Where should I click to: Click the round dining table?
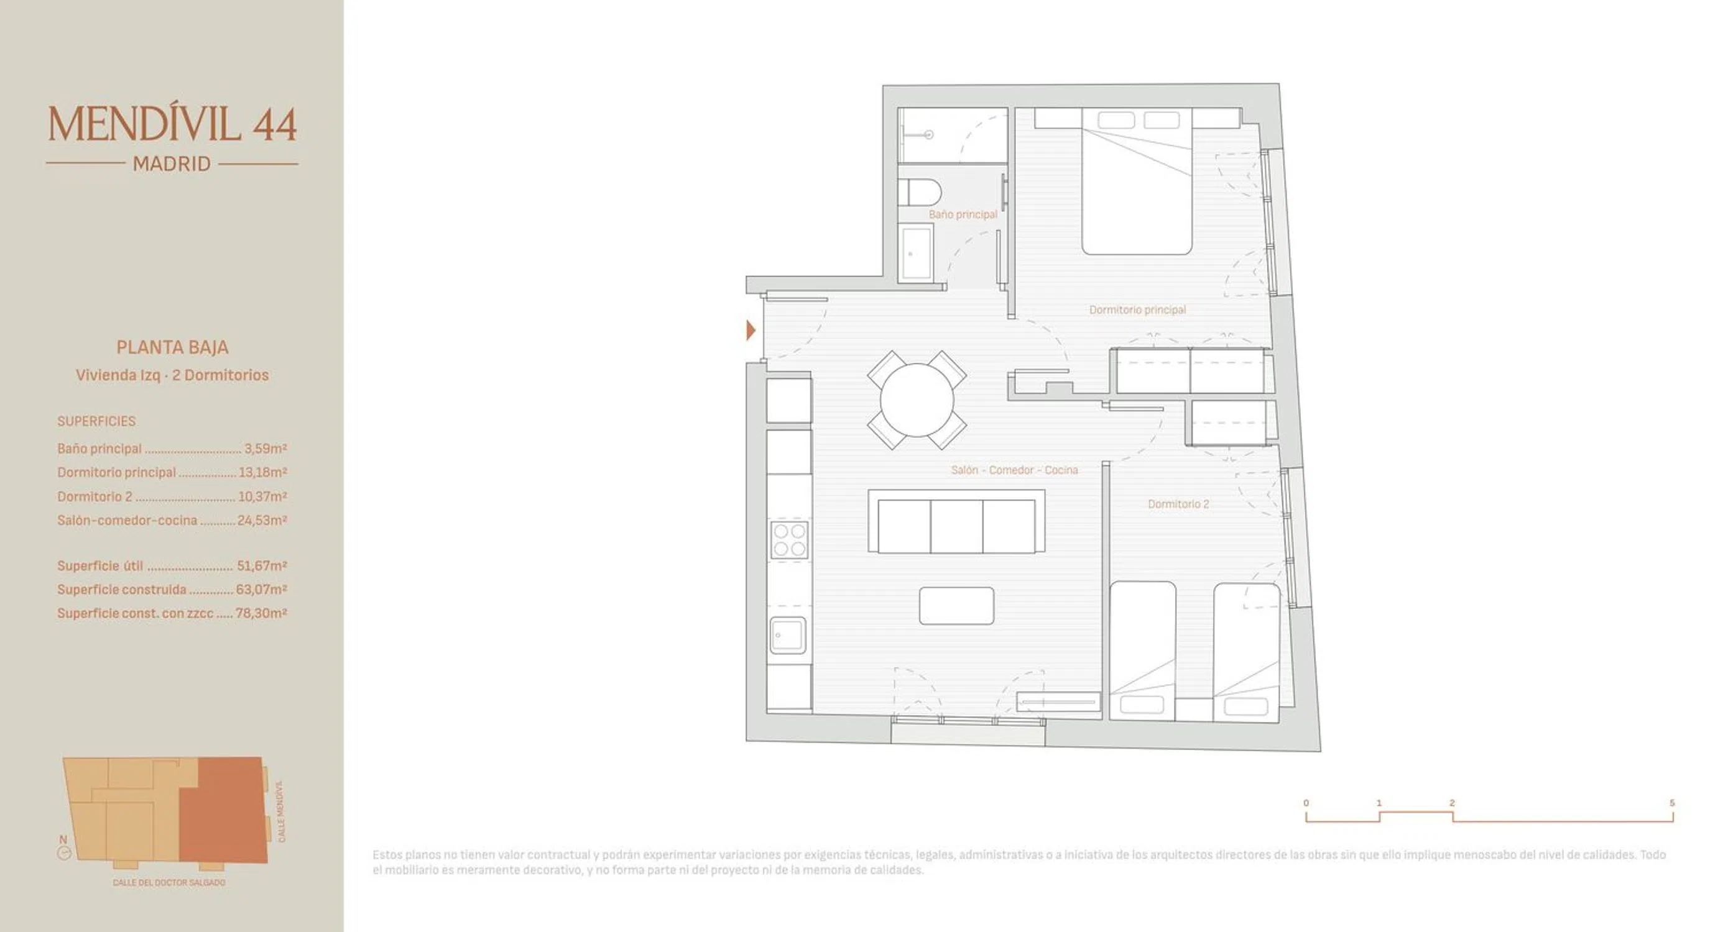click(917, 400)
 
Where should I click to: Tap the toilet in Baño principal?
click(920, 193)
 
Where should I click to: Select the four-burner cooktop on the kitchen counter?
click(789, 539)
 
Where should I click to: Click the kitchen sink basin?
click(788, 635)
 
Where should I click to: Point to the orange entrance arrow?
click(751, 329)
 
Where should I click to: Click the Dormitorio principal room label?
click(1137, 309)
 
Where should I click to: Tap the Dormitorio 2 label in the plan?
click(1178, 504)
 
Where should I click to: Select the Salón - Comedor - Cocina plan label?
click(1014, 470)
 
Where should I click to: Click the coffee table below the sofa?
click(956, 606)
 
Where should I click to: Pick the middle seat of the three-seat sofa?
click(956, 526)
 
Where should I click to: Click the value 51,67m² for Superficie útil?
click(262, 565)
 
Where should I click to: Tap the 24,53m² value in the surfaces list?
click(262, 520)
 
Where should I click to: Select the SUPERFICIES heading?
click(96, 421)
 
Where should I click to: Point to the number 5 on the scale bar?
click(1672, 803)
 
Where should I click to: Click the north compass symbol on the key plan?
click(64, 853)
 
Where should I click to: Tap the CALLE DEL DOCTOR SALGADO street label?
click(169, 882)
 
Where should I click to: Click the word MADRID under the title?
click(172, 164)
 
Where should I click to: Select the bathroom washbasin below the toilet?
click(917, 253)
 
